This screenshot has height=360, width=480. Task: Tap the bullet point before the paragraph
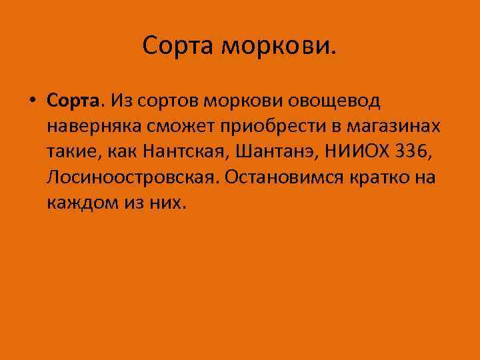click(32, 102)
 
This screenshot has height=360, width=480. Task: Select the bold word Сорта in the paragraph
click(73, 101)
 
